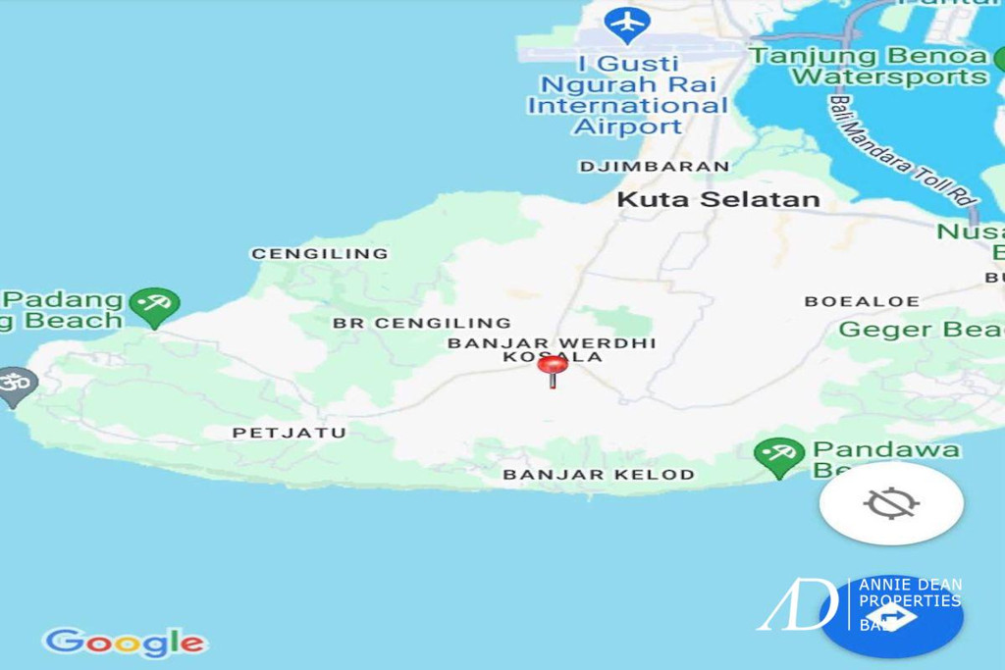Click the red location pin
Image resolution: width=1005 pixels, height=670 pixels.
pyautogui.click(x=553, y=368)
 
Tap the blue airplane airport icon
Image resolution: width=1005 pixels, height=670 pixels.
pyautogui.click(x=626, y=22)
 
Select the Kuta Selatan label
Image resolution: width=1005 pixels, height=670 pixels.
pyautogui.click(x=717, y=200)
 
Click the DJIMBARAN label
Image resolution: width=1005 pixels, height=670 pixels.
pyautogui.click(x=655, y=167)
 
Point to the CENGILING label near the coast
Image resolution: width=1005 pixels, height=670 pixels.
pyautogui.click(x=320, y=253)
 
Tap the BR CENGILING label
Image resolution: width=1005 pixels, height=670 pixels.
pyautogui.click(x=421, y=323)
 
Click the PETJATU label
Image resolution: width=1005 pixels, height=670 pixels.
pyautogui.click(x=290, y=433)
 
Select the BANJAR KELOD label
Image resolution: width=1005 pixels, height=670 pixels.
pyautogui.click(x=599, y=475)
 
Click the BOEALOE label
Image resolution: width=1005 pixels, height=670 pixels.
pyautogui.click(x=862, y=301)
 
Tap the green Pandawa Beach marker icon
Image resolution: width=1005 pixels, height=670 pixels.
pyautogui.click(x=778, y=454)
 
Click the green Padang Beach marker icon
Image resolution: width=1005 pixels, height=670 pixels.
pyautogui.click(x=154, y=305)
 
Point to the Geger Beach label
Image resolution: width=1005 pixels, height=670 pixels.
pyautogui.click(x=921, y=330)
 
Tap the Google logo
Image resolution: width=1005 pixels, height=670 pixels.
pyautogui.click(x=125, y=644)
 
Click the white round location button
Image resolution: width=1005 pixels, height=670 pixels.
pyautogui.click(x=891, y=504)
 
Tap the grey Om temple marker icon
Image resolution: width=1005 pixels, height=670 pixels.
pyautogui.click(x=16, y=385)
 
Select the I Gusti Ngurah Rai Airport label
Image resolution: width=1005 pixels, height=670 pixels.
pyautogui.click(x=628, y=94)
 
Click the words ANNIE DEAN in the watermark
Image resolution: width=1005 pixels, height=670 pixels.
pyautogui.click(x=910, y=585)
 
